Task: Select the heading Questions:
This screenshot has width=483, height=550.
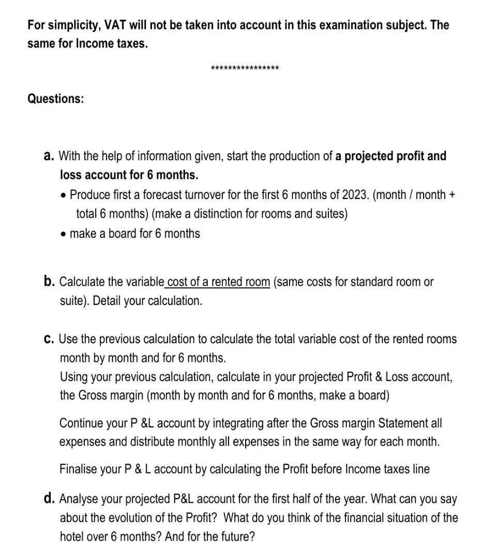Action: tap(55, 99)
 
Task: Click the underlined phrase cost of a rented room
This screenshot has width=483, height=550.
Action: tap(218, 282)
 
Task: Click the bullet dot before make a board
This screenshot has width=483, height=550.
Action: tap(64, 234)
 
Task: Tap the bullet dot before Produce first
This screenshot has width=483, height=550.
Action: tap(64, 195)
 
